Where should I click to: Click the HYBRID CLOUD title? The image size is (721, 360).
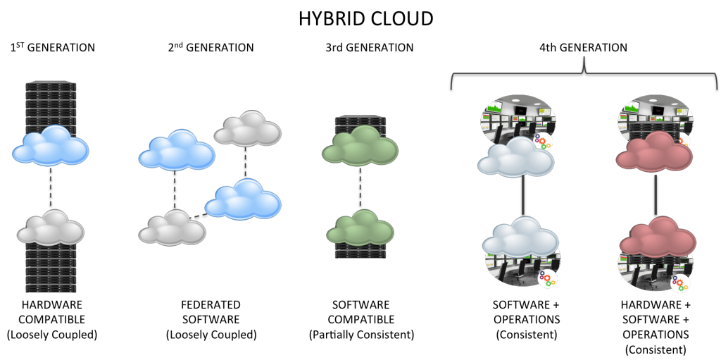point(366,19)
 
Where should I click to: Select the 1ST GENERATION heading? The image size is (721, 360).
point(52,47)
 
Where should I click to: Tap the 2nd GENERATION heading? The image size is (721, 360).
point(211,47)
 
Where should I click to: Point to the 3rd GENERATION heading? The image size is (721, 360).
point(369,47)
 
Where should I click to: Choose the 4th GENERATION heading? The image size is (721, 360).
point(583,47)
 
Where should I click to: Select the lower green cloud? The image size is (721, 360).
point(360,228)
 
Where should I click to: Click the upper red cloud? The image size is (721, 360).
point(654,152)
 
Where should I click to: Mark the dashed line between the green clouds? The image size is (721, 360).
point(360,187)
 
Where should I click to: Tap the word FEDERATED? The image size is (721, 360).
point(211,305)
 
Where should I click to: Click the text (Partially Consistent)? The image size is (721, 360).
point(361,335)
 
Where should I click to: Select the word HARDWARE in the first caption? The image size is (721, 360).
point(51,305)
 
